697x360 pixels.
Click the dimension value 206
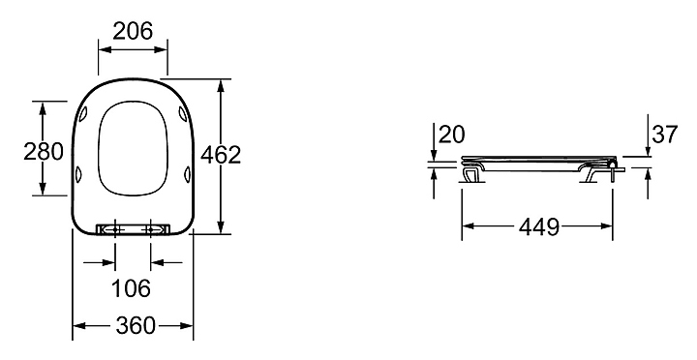point(133,31)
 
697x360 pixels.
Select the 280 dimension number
point(44,152)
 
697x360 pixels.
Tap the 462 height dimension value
point(221,155)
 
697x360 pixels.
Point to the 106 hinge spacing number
point(131,288)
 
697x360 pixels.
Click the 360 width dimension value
point(136,326)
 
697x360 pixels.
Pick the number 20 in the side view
point(452,135)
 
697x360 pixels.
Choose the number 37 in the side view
point(664,135)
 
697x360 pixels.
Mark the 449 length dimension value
point(539,227)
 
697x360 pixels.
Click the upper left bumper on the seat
point(84,114)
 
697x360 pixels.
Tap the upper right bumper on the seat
point(182,113)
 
